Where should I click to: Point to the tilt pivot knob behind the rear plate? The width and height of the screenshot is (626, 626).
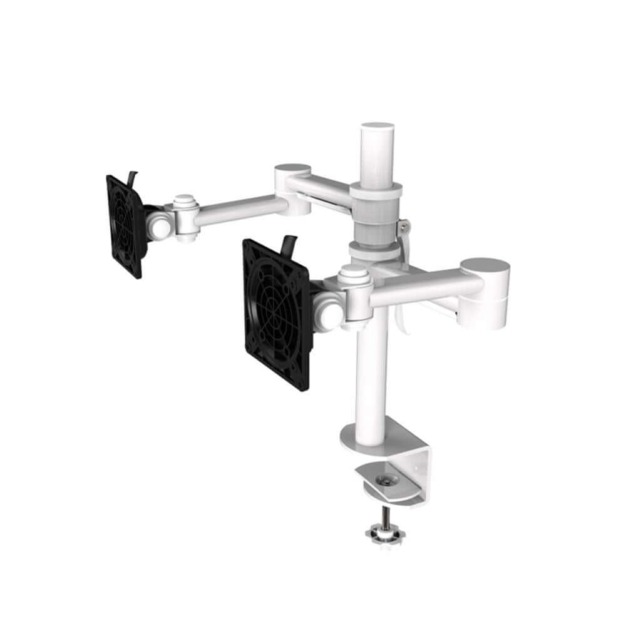[159, 222]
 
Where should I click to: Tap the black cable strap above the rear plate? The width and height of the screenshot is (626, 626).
[131, 177]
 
